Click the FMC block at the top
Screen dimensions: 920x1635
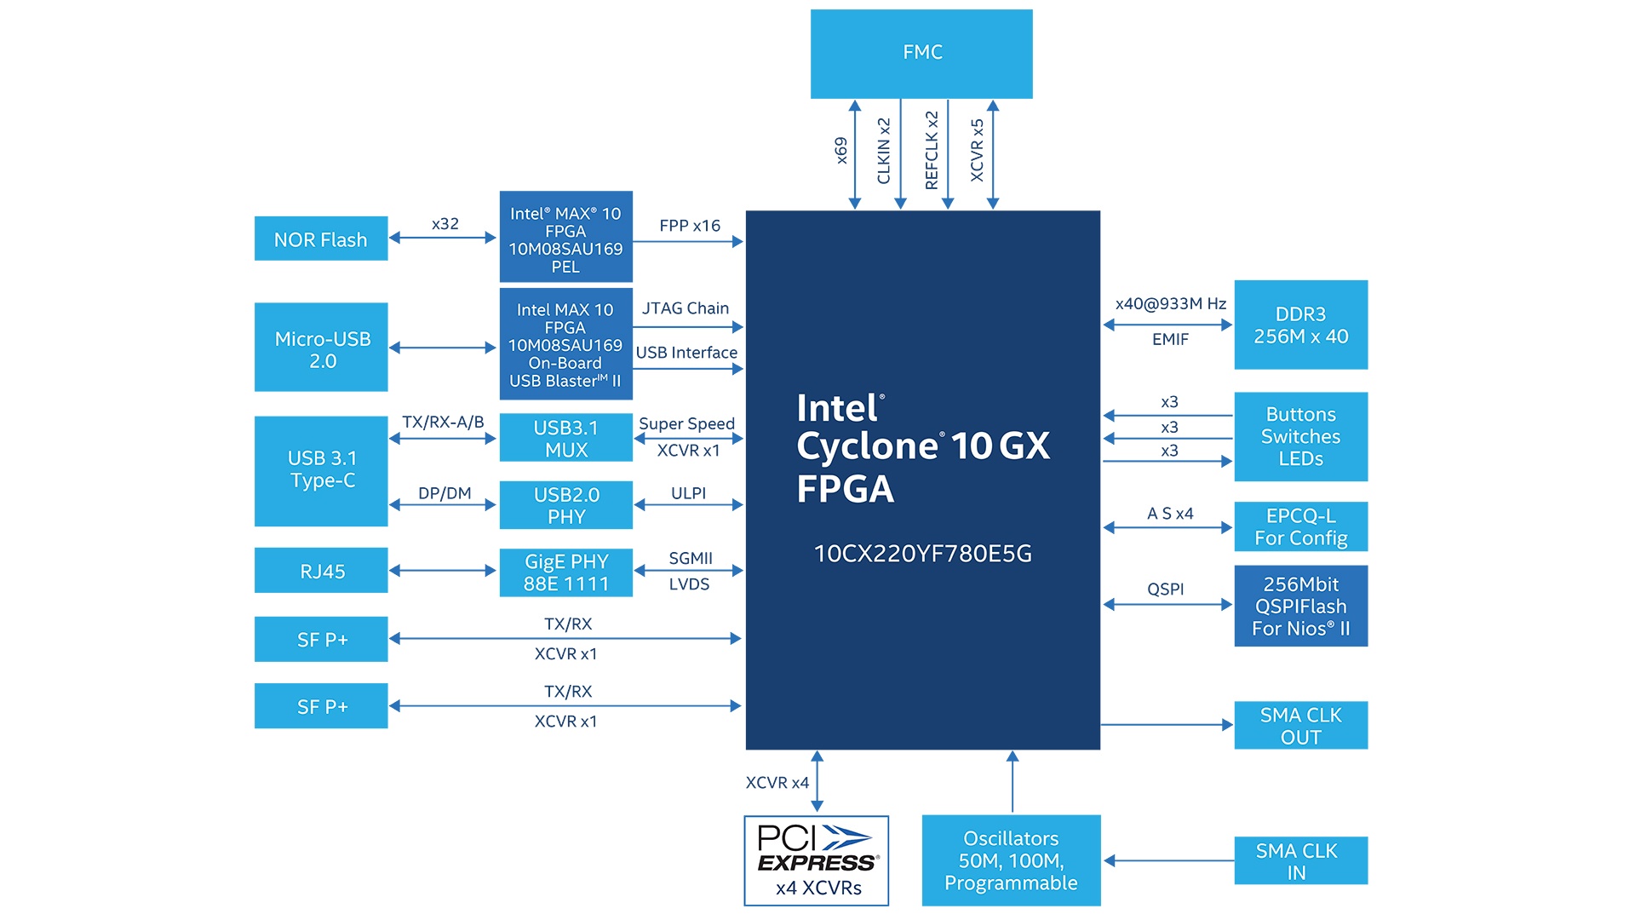tap(921, 54)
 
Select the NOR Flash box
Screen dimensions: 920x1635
tap(321, 239)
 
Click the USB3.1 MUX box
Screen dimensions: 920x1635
tap(565, 438)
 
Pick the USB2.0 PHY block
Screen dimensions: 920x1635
tap(565, 505)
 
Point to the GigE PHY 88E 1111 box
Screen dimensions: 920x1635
tap(565, 572)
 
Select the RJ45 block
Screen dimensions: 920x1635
tap(321, 571)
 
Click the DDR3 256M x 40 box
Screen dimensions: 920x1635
tap(1300, 325)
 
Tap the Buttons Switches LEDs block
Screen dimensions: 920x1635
tap(1300, 436)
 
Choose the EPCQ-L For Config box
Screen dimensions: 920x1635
tap(1300, 526)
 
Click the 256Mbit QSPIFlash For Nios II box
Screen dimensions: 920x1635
tap(1300, 606)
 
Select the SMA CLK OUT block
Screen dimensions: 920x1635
tap(1300, 726)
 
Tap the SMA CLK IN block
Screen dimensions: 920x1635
tap(1300, 860)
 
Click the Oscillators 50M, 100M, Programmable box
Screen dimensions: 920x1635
tap(1011, 860)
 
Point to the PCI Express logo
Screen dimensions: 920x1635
tap(816, 848)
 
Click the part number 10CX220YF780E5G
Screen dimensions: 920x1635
tap(922, 554)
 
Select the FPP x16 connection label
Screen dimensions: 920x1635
tap(689, 226)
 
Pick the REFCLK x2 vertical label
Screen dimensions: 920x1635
tap(932, 150)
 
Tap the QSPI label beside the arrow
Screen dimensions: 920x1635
tap(1165, 589)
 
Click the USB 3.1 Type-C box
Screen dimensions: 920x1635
tap(321, 470)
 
